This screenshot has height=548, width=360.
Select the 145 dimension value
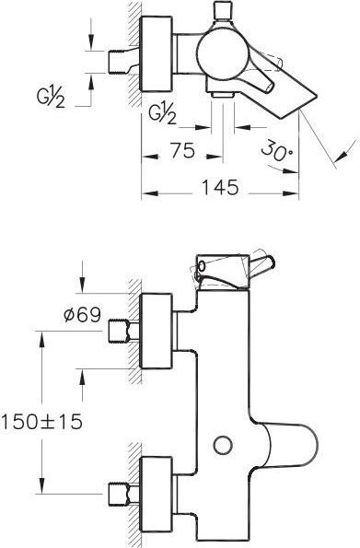[x=221, y=188]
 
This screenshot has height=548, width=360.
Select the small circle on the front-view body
[x=220, y=446]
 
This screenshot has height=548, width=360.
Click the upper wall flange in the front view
[x=159, y=328]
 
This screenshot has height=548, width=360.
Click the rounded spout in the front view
[x=285, y=447]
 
